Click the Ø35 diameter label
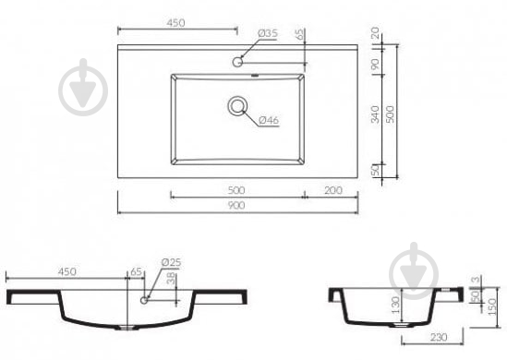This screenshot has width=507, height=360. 268,33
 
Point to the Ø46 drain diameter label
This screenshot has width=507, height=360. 269,120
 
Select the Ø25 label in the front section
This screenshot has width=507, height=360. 171,262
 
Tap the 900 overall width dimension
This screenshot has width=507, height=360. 236,206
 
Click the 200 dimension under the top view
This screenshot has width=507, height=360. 333,190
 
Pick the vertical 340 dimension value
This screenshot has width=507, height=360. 375,114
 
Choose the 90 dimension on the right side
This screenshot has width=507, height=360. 375,64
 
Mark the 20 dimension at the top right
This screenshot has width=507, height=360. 375,32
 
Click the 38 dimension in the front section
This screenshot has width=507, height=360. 172,279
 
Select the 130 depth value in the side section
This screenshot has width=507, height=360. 395,305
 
